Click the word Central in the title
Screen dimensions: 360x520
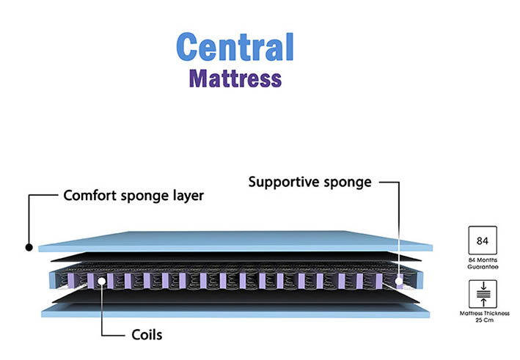[x=235, y=47]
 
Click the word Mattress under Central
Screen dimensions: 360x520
[x=235, y=77]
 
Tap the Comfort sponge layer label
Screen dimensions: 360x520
[x=133, y=196]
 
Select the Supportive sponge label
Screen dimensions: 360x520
[x=310, y=181]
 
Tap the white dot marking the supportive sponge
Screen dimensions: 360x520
[x=399, y=280]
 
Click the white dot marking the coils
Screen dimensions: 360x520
[x=100, y=280]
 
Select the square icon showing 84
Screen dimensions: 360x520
[x=482, y=240]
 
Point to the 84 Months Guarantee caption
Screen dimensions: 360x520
[x=482, y=264]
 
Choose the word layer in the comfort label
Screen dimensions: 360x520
[x=186, y=196]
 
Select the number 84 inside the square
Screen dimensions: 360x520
[x=482, y=240]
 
